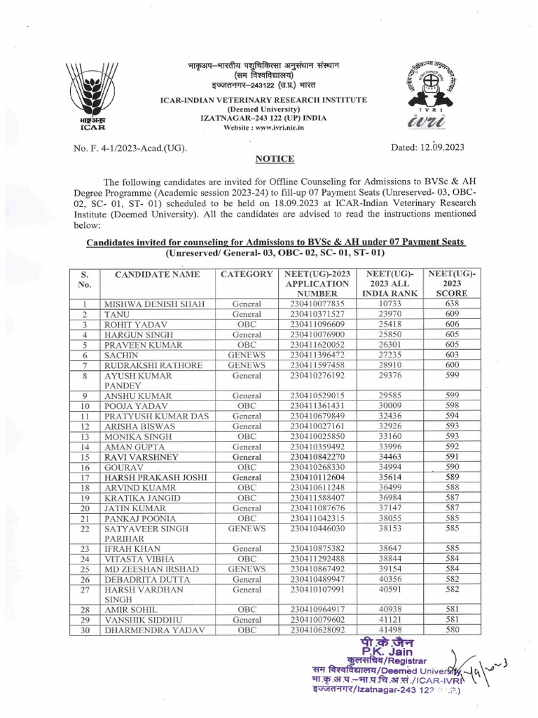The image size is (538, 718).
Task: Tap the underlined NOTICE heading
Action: point(269,159)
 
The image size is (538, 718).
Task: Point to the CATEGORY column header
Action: point(246,273)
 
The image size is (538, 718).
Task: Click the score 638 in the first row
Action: point(452,304)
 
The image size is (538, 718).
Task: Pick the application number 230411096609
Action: point(317,324)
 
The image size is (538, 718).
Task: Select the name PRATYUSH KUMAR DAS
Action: point(156,416)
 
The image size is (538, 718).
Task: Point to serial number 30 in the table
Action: point(84,630)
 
